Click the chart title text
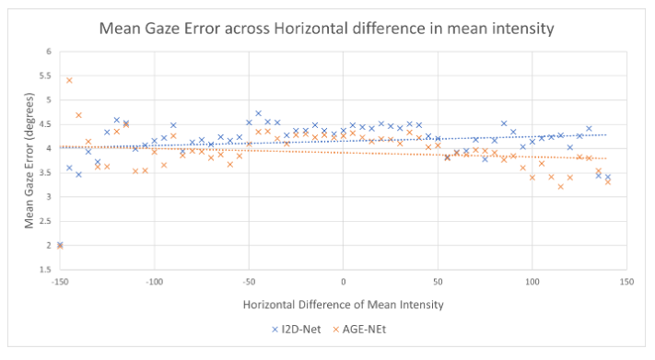(x=327, y=29)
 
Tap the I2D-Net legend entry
(x=296, y=329)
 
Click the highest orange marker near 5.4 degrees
(x=69, y=80)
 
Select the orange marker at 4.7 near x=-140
(x=78, y=115)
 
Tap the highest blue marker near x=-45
(x=258, y=113)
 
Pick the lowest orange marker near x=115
(x=560, y=187)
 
